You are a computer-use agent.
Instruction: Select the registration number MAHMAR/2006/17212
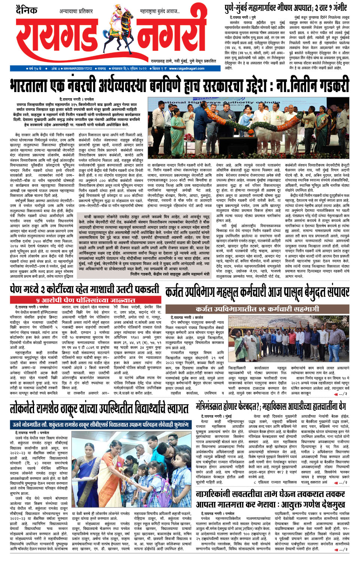pyautogui.click(x=77, y=68)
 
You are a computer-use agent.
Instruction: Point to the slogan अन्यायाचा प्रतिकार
pyautogui.click(x=76, y=11)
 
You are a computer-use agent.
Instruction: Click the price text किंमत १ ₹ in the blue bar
pyautogui.click(x=159, y=68)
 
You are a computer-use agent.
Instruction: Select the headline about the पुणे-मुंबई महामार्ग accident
pyautogui.click(x=286, y=7)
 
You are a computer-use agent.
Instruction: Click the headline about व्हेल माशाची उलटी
pyautogui.click(x=85, y=290)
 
